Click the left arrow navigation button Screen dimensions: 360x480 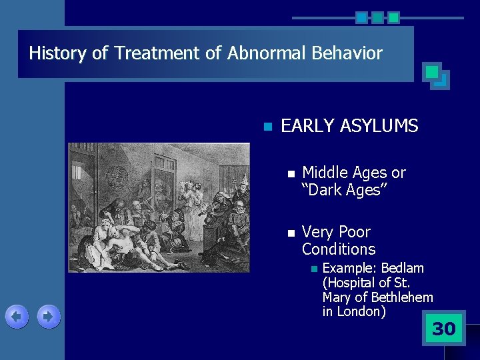[x=17, y=317]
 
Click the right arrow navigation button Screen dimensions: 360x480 [x=49, y=317]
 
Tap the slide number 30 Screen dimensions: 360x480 [x=443, y=329]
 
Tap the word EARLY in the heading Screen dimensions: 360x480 [x=307, y=126]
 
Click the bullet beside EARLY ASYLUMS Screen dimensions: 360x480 [x=268, y=127]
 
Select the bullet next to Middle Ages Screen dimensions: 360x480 [x=289, y=173]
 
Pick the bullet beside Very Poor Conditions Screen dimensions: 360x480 [x=289, y=233]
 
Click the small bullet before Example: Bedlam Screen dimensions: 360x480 [x=311, y=269]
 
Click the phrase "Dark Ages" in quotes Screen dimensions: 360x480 [x=344, y=190]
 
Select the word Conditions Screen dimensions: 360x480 [x=339, y=249]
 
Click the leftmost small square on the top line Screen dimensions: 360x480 [x=361, y=17]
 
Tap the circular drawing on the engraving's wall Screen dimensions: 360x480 [x=121, y=175]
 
